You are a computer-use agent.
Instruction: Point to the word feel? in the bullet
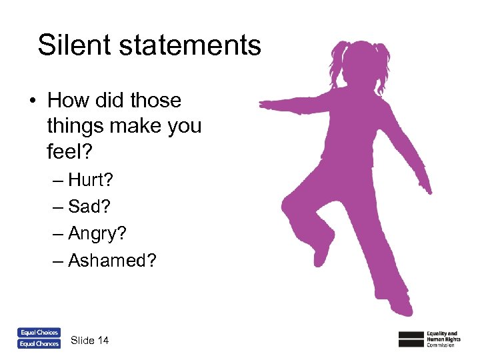(70, 151)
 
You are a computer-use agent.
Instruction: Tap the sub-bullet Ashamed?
(113, 260)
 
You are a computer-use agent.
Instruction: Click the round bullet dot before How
(32, 101)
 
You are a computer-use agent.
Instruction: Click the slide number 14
(103, 341)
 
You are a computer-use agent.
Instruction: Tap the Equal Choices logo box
(39, 332)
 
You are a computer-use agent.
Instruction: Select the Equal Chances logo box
(39, 344)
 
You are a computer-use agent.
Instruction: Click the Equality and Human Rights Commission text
(443, 338)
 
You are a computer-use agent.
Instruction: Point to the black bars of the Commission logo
(411, 338)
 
